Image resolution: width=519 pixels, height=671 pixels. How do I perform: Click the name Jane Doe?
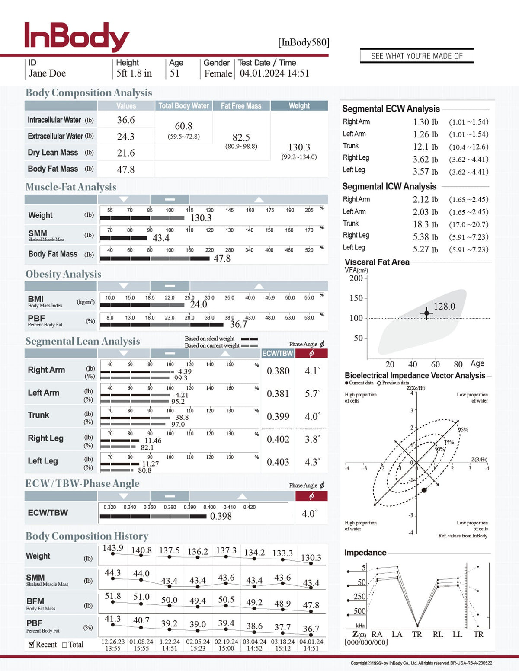click(x=47, y=73)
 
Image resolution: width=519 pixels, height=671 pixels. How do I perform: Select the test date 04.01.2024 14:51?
click(x=274, y=73)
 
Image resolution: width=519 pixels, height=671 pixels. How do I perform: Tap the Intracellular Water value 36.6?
click(x=126, y=120)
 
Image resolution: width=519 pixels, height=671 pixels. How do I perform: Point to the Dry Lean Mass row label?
click(x=53, y=153)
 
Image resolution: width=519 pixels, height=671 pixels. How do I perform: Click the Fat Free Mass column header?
click(x=241, y=106)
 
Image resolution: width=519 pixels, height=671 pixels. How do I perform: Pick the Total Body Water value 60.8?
click(x=183, y=126)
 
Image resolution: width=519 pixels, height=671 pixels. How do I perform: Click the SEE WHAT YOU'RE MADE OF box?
click(x=416, y=56)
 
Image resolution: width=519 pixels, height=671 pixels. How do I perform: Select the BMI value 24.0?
click(x=199, y=304)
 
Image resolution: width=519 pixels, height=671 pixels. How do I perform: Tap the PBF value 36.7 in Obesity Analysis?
click(x=238, y=324)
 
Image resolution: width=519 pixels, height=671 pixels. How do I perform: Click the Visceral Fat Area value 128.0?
click(x=444, y=307)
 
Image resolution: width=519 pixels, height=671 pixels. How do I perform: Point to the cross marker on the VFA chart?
click(x=426, y=313)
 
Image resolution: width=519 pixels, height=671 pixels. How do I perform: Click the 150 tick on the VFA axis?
click(x=356, y=298)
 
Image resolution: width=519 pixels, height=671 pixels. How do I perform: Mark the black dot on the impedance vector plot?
click(x=424, y=490)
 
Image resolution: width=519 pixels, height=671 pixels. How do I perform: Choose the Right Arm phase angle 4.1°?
click(x=312, y=371)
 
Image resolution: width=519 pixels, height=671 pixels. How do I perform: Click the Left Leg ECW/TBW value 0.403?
click(x=278, y=462)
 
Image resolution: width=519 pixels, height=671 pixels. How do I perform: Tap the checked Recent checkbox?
click(x=31, y=644)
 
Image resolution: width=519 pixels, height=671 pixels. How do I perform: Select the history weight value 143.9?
click(x=113, y=548)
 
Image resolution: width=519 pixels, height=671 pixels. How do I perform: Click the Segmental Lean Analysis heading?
click(x=83, y=341)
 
